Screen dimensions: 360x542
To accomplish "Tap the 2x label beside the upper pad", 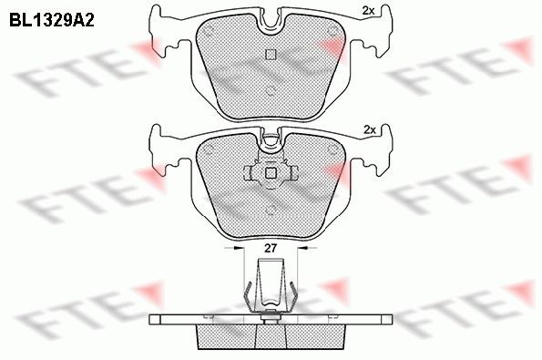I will tap(368, 11).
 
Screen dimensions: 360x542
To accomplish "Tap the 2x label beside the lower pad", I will tap(369, 129).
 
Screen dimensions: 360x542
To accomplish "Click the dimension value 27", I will tap(270, 248).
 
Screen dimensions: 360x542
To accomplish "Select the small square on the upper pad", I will tap(269, 54).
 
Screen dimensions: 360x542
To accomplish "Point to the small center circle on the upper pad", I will tap(270, 89).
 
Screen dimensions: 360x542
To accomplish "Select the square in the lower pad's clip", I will tap(270, 173).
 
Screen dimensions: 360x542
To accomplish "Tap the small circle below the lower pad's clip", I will tap(271, 211).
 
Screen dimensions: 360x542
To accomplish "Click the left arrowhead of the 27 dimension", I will tap(240, 248).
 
